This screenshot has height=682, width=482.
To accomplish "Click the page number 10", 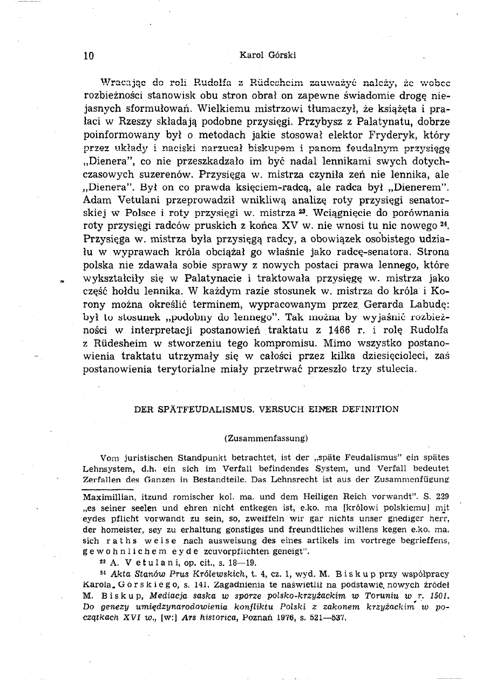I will tap(89, 55).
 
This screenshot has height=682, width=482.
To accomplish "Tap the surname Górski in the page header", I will tap(281, 55).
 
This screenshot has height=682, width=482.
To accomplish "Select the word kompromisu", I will tap(272, 342).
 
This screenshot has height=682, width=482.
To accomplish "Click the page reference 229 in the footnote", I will tap(443, 495).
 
